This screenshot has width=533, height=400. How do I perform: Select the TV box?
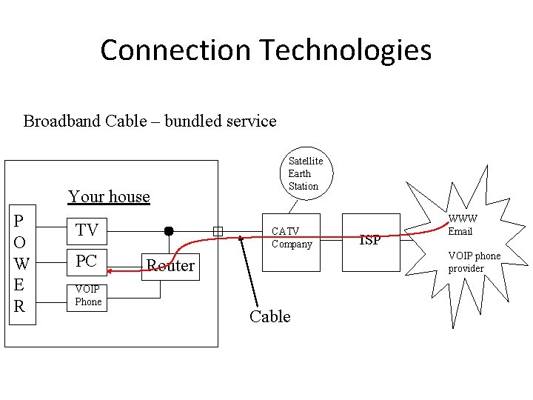click(87, 230)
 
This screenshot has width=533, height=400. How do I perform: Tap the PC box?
click(87, 261)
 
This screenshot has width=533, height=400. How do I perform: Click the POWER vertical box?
click(21, 264)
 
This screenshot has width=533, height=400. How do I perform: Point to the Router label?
click(170, 265)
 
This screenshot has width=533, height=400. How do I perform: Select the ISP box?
click(370, 240)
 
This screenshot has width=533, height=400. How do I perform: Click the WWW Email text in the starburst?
click(463, 225)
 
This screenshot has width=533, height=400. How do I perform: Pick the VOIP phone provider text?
click(474, 262)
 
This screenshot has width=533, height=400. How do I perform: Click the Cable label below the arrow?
click(269, 316)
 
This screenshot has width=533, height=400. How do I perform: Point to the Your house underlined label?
click(109, 196)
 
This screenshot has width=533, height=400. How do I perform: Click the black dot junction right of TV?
click(169, 230)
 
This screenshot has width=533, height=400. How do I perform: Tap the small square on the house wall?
click(218, 231)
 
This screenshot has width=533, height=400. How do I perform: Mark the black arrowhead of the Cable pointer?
click(241, 241)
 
